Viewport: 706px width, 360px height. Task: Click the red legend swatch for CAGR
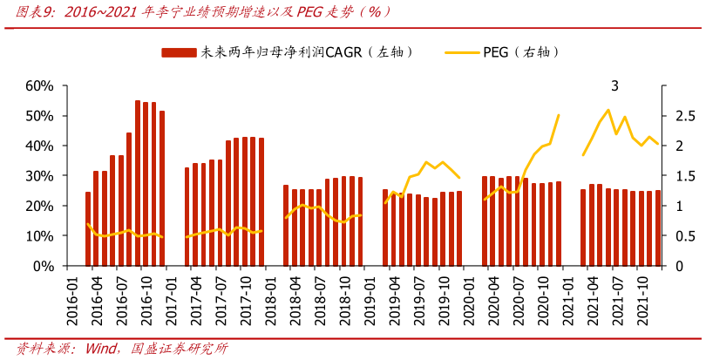180,53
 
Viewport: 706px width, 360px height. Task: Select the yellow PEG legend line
462,53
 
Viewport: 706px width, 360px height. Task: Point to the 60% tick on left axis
40,85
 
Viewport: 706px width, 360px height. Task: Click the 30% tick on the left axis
40,176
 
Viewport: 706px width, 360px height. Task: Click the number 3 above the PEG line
615,85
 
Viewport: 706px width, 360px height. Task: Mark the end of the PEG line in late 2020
558,115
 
